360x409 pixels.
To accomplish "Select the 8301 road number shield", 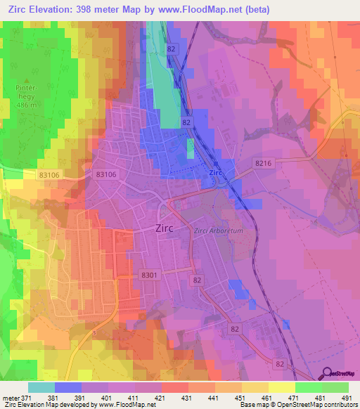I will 149,275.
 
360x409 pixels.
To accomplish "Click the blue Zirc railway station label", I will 216,172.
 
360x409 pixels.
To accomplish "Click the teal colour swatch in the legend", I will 41,387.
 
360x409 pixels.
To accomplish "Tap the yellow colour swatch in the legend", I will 281,387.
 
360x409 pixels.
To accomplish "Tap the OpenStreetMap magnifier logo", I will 326,373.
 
